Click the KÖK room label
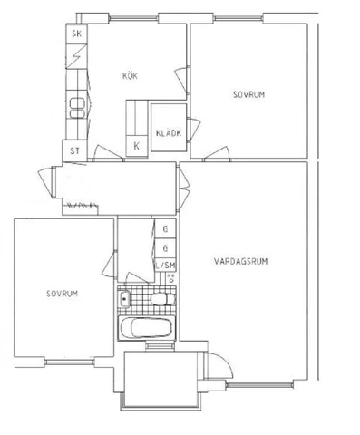[x=130, y=75]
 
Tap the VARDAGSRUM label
[x=241, y=261]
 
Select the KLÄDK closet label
[x=169, y=133]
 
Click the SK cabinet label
[x=77, y=34]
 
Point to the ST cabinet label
[x=74, y=150]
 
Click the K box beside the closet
[x=137, y=147]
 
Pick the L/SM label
[x=165, y=266]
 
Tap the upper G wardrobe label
[x=165, y=229]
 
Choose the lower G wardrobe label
[x=165, y=248]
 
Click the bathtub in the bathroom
[x=147, y=328]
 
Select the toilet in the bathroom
[x=162, y=299]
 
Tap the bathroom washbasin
[x=123, y=299]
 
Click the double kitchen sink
[x=77, y=109]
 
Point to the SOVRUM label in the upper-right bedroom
[x=248, y=94]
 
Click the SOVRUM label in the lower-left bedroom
[x=62, y=294]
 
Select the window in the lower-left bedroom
[x=70, y=362]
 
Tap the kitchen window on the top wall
[x=133, y=18]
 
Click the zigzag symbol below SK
[x=77, y=56]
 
